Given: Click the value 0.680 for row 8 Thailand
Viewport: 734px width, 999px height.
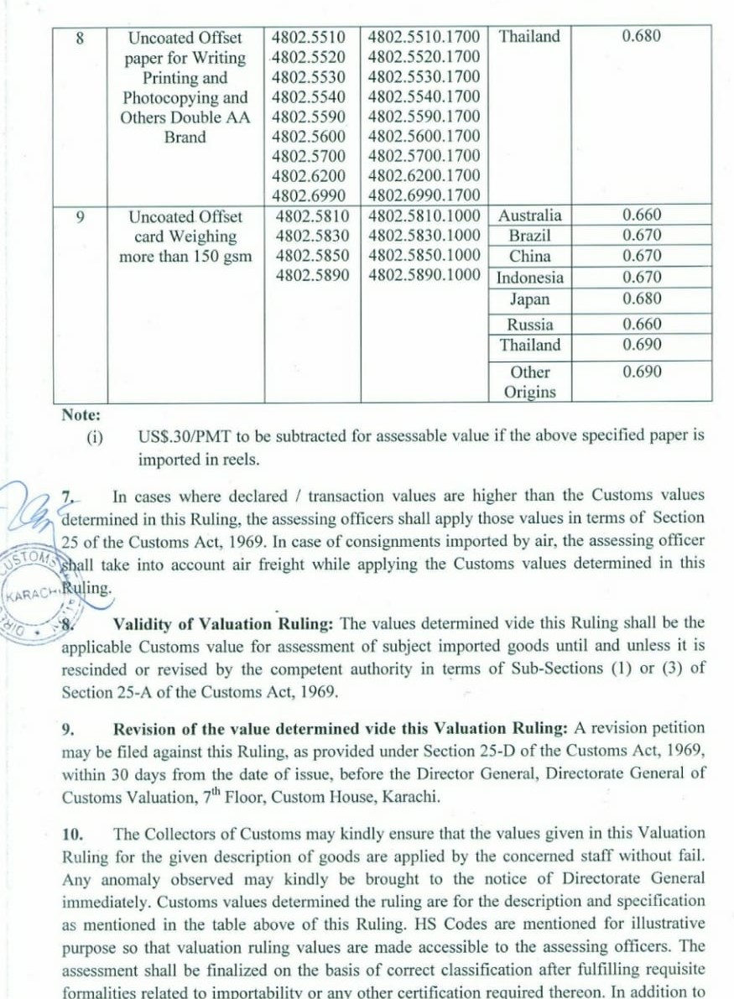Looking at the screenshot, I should (x=641, y=36).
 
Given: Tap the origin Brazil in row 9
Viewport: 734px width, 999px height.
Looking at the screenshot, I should (x=529, y=236).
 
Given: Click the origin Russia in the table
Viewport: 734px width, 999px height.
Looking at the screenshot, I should (x=529, y=325).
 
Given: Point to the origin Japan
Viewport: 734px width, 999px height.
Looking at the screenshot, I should (x=529, y=299).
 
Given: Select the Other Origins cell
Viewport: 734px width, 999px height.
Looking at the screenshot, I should (x=529, y=382).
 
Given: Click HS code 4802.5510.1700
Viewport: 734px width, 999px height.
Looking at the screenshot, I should (x=424, y=37).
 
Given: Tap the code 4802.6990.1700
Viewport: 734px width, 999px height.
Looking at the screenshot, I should (x=424, y=195).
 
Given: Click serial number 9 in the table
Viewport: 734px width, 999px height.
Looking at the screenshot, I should (x=81, y=216).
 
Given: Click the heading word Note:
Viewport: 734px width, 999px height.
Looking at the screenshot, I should (x=81, y=414).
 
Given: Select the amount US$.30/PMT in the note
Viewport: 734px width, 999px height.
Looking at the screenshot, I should (x=178, y=436).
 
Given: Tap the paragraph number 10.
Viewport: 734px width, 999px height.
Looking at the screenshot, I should (x=73, y=834).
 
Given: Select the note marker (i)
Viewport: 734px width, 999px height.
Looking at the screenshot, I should (x=93, y=437).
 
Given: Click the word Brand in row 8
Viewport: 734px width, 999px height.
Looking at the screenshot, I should (x=185, y=138).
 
